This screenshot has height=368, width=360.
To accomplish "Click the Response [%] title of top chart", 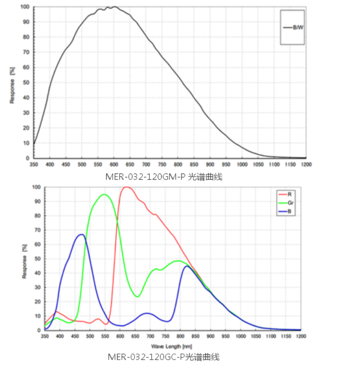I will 13,84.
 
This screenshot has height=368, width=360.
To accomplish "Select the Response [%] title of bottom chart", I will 24,261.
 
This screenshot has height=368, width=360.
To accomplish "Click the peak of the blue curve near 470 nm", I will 81,234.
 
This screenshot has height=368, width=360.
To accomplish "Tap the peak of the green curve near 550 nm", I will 104,194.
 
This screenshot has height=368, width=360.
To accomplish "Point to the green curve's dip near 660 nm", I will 137,297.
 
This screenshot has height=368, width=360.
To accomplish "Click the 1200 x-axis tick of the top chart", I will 306,164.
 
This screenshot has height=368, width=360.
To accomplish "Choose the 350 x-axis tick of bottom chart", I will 45,337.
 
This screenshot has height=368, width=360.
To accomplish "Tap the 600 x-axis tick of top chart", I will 114,164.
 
